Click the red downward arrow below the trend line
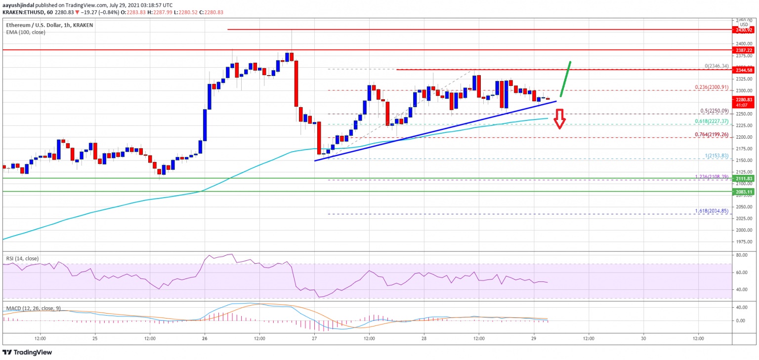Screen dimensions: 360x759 [x=559, y=120]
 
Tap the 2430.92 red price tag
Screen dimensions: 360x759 [x=744, y=30]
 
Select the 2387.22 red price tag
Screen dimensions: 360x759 [x=744, y=50]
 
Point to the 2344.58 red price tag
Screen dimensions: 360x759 [x=744, y=70]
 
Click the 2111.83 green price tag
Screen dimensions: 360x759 [x=744, y=178]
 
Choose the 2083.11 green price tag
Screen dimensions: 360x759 [x=744, y=191]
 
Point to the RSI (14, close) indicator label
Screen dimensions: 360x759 [x=23, y=258]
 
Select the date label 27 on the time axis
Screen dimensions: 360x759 [x=315, y=338]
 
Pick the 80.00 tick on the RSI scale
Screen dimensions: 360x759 [x=741, y=255]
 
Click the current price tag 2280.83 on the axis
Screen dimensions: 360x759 [x=744, y=99]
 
